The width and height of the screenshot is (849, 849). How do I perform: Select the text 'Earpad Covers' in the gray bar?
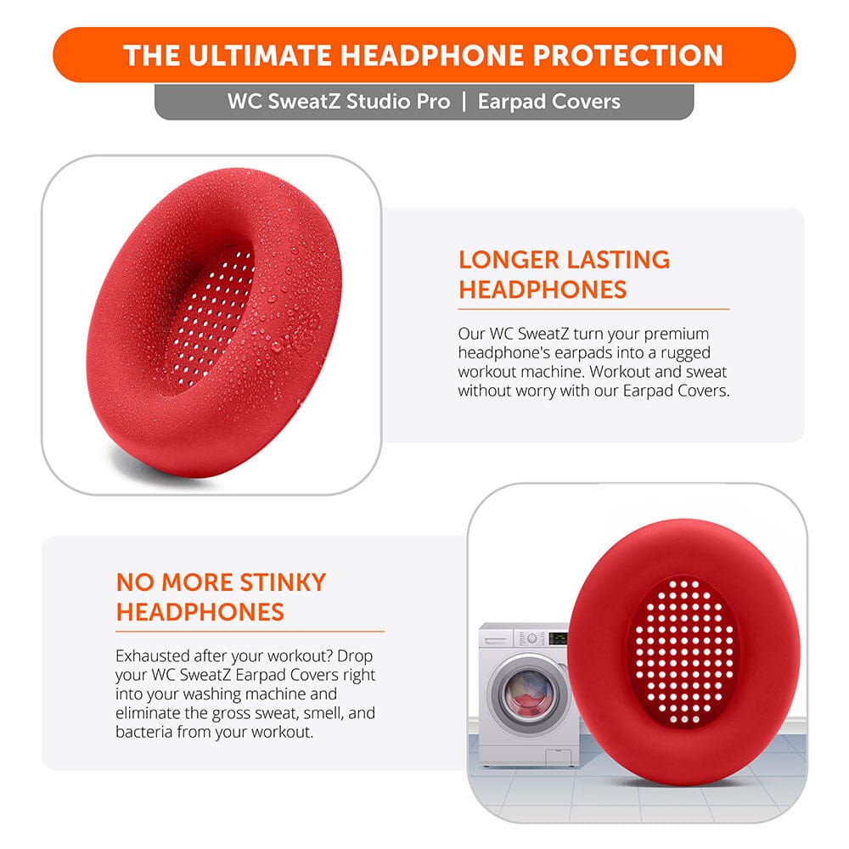(549, 102)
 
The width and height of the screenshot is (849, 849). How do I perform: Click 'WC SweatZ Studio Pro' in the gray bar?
(338, 102)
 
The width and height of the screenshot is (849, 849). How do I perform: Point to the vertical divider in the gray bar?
(464, 102)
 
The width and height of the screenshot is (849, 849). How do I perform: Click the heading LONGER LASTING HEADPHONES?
(564, 274)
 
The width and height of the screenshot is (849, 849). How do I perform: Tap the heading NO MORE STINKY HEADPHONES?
(221, 597)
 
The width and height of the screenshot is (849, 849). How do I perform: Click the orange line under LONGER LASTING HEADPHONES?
(593, 309)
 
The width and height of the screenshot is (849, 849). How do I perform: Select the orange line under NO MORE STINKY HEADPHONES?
(250, 632)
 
